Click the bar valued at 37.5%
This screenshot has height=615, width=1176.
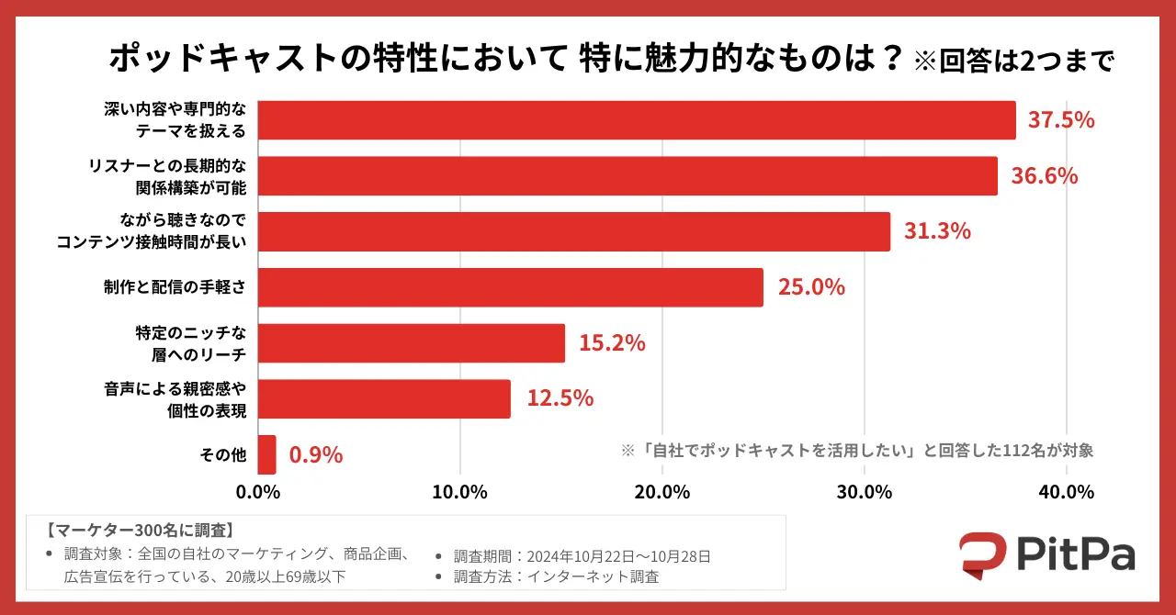point(636,120)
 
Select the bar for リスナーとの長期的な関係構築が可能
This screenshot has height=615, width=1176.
point(627,176)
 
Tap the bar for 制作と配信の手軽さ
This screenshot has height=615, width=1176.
point(510,287)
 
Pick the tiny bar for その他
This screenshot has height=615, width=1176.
point(266,454)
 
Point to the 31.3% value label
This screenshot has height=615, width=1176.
point(937,231)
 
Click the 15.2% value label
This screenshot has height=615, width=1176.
point(612,343)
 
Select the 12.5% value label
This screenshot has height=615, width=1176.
point(560,398)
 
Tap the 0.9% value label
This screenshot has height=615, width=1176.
point(315,454)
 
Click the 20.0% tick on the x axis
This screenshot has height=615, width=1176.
point(661,492)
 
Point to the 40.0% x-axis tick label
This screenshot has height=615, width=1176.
point(1066,492)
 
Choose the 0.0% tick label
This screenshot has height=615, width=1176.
point(257,492)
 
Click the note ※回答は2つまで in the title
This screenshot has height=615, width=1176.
point(1013,61)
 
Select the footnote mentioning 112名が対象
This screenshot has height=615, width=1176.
point(856,451)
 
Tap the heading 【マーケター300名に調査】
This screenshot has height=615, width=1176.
point(141,531)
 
